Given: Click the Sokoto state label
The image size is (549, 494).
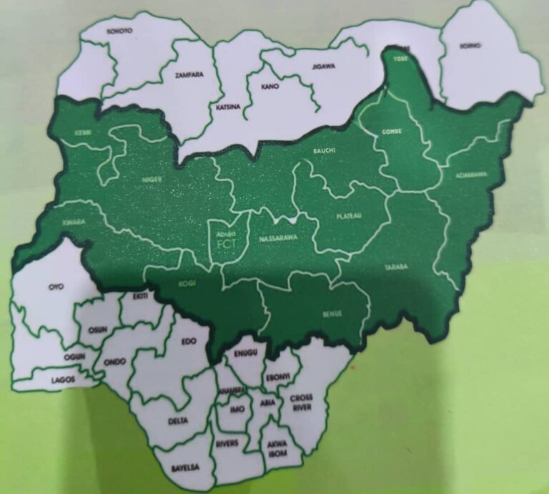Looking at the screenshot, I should (119, 32).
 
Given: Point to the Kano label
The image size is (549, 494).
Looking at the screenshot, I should (270, 87).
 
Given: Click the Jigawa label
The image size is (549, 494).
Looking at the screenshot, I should (324, 67).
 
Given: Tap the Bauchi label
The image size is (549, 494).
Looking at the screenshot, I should (325, 151).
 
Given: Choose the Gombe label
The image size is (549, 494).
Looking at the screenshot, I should (392, 132).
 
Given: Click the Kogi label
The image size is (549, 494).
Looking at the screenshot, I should (187, 282).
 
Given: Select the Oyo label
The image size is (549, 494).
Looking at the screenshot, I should (56, 287).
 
